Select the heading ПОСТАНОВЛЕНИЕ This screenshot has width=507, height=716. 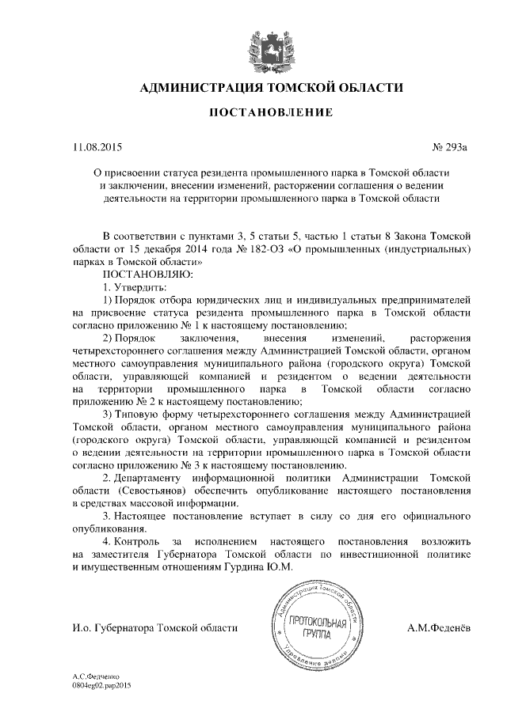(270, 113)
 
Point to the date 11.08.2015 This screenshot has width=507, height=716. (97, 148)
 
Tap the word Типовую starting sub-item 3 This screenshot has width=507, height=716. (142, 413)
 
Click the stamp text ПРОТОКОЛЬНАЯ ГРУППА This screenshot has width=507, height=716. (319, 629)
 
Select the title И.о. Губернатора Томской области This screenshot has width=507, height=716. (154, 628)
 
